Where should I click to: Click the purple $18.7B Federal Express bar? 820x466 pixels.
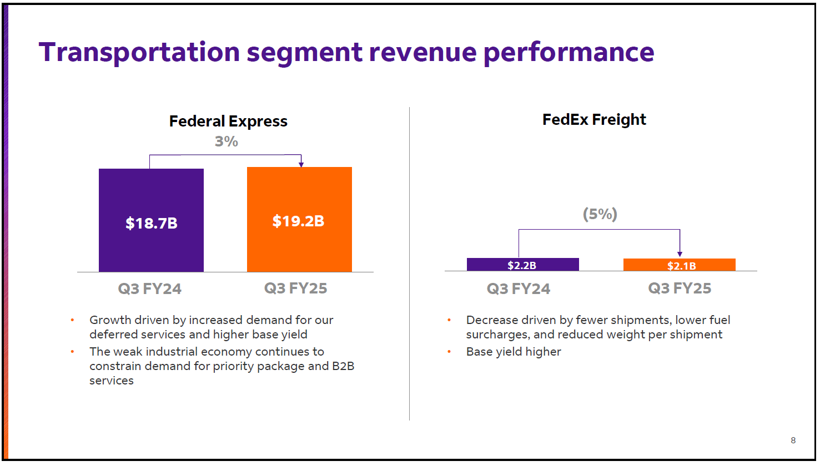[x=151, y=220]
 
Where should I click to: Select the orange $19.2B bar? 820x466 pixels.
[x=299, y=220]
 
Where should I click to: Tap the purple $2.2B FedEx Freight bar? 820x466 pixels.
[x=522, y=265]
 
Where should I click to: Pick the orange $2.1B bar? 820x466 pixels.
[x=679, y=265]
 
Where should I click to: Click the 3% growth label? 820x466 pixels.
[x=227, y=141]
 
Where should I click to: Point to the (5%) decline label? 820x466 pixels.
[x=600, y=214]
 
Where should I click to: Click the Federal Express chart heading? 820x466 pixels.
[x=228, y=121]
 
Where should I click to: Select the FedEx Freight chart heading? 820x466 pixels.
[x=594, y=119]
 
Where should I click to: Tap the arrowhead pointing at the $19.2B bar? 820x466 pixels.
[x=301, y=164]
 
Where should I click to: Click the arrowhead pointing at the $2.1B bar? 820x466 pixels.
[x=680, y=254]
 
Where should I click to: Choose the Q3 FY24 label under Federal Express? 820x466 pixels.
[x=149, y=288]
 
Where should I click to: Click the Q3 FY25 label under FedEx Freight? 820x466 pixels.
[x=680, y=288]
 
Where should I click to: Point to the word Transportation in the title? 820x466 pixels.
[x=139, y=52]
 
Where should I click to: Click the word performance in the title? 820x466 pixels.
[x=569, y=52]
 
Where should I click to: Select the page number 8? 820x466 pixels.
[x=793, y=440]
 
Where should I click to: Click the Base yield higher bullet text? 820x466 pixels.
[x=514, y=352]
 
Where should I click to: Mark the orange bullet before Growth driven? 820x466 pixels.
[x=72, y=320]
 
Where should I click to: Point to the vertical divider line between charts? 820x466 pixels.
[x=410, y=264]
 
